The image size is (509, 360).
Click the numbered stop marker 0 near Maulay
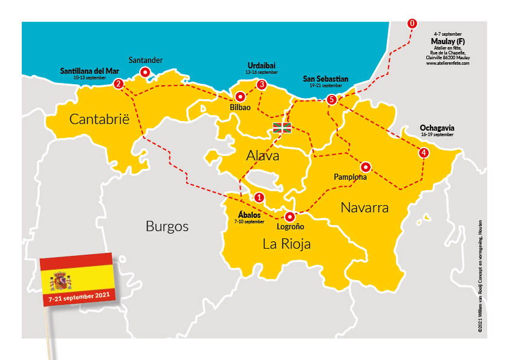click(x=412, y=24)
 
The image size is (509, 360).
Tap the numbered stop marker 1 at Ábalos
click(x=259, y=197)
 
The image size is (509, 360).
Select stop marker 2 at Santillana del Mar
click(x=119, y=83)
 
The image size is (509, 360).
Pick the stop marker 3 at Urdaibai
click(x=262, y=85)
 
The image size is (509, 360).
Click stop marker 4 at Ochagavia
click(x=424, y=153)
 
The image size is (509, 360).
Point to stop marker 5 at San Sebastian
click(x=331, y=100)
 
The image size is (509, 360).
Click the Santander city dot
click(x=145, y=73)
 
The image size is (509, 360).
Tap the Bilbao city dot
click(x=240, y=96)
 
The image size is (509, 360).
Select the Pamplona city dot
click(x=365, y=166)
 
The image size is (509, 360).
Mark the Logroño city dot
click(x=290, y=217)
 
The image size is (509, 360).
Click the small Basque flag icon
click(x=282, y=127)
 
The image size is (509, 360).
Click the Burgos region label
click(x=167, y=227)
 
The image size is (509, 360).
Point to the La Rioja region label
click(x=287, y=244)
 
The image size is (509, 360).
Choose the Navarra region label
click(x=364, y=208)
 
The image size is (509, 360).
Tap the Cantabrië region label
click(x=100, y=119)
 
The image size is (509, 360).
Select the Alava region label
click(x=262, y=156)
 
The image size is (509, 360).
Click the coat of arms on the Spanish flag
click(x=60, y=281)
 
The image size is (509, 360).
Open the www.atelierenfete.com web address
click(x=447, y=63)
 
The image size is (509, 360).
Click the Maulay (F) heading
click(x=447, y=41)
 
